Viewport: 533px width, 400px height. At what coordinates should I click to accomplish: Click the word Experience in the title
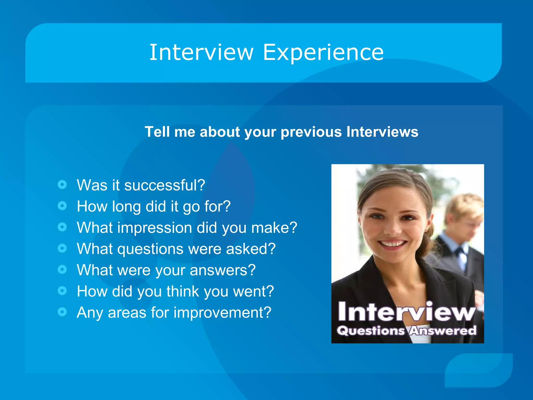point(323,53)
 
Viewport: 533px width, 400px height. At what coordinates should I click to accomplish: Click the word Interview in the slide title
point(201,53)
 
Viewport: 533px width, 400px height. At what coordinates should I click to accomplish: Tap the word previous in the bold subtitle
point(311,132)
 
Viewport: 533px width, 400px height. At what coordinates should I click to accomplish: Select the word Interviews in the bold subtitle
point(382,132)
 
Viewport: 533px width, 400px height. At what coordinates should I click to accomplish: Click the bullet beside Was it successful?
point(62,185)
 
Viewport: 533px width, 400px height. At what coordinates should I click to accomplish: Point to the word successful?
point(165,185)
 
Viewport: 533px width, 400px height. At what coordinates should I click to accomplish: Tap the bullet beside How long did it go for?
point(62,206)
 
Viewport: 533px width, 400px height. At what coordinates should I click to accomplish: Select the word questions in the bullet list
point(150,249)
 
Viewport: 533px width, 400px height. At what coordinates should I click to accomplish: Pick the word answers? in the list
point(223,270)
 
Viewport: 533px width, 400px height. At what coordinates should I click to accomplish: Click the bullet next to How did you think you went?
point(62,290)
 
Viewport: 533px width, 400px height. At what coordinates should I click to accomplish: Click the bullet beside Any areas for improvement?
point(62,312)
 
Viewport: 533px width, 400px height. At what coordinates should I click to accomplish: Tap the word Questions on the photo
point(371,331)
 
